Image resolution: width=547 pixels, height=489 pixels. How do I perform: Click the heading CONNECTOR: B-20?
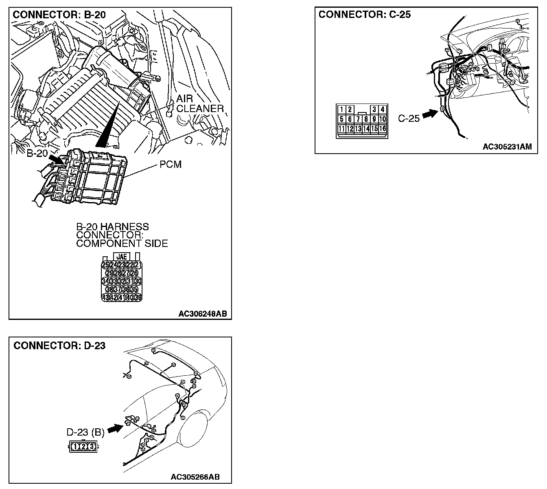point(59,15)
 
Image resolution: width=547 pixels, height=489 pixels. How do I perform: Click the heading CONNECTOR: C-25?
point(365,15)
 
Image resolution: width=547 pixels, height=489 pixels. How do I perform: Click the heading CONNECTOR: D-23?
point(59,346)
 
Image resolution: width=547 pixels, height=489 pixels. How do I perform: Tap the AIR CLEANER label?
point(199,104)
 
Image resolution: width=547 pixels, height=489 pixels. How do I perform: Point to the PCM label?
point(171,165)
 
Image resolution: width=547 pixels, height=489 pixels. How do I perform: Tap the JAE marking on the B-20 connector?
point(121,257)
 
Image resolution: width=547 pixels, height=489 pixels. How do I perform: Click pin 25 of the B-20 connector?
point(105,265)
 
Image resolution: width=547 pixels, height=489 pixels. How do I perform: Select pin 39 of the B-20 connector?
point(138,297)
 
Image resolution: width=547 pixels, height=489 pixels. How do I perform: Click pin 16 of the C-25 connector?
point(382,129)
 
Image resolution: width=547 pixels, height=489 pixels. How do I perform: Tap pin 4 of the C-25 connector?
point(382,109)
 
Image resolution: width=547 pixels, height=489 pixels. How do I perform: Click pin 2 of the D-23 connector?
point(83,447)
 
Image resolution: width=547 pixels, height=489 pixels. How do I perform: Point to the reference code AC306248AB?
point(202,314)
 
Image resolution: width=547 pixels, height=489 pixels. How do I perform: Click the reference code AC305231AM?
point(507,147)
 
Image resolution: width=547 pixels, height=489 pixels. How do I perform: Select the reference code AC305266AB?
point(195,477)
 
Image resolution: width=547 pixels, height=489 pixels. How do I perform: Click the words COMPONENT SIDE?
point(122,244)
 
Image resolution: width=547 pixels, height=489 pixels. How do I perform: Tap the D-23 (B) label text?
point(85,432)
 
